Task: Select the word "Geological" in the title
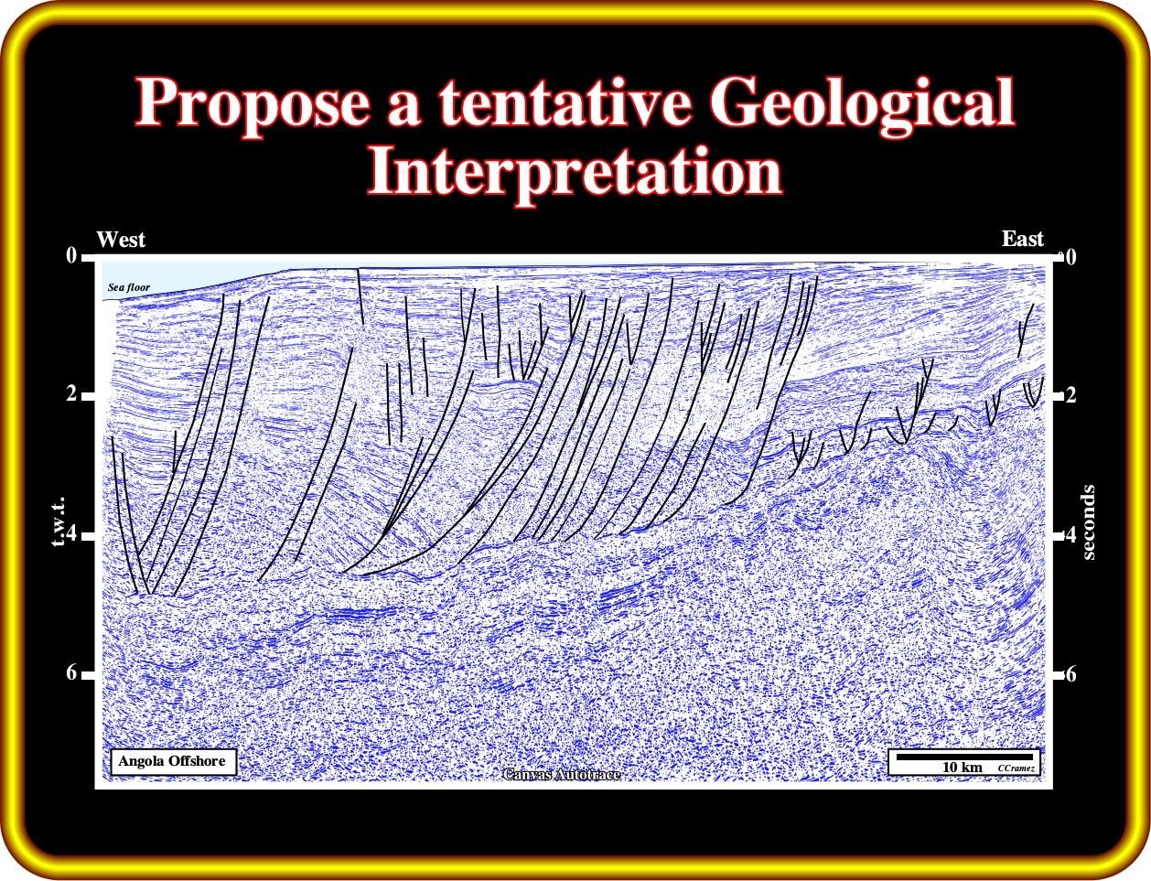[862, 103]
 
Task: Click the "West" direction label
[121, 240]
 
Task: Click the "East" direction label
[1022, 239]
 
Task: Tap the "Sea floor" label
[129, 287]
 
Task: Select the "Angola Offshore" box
[173, 762]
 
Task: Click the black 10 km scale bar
[964, 757]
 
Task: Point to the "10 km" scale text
[962, 768]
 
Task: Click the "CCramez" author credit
[1017, 768]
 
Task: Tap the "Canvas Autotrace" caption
[562, 775]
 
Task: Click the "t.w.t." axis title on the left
[59, 521]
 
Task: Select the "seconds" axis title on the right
[1088, 522]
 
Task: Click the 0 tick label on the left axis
[71, 256]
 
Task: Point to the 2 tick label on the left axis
[71, 393]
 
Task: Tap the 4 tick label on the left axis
[71, 533]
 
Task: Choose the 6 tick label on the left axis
[71, 672]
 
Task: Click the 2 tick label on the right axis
[1070, 395]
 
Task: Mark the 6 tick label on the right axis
[1070, 674]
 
